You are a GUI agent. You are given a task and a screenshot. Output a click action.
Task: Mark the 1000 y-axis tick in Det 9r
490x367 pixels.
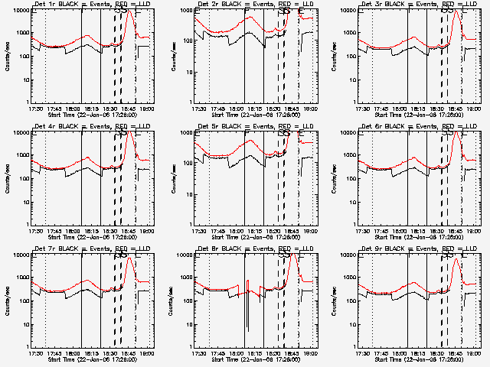click(x=351, y=278)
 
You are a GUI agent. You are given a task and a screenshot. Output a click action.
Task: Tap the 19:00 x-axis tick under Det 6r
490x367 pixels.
click(x=475, y=230)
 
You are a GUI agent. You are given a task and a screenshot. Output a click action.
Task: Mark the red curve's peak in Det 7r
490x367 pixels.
click(x=129, y=258)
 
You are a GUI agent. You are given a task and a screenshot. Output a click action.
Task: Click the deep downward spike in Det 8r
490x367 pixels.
click(x=247, y=330)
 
